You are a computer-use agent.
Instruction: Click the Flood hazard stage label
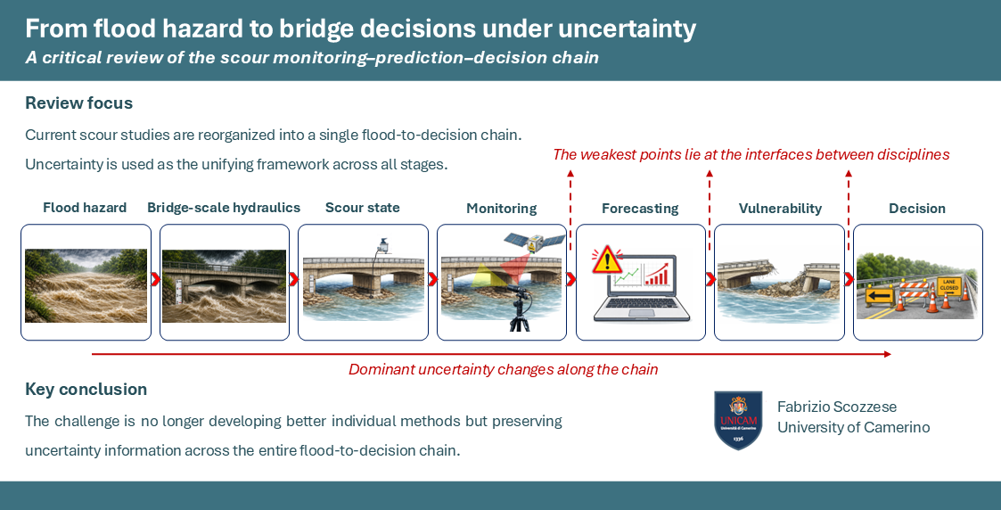pyautogui.click(x=85, y=208)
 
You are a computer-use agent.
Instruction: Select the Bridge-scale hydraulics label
pyautogui.click(x=224, y=208)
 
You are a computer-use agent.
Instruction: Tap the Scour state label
pyautogui.click(x=363, y=208)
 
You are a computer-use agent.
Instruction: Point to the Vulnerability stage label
pyautogui.click(x=780, y=208)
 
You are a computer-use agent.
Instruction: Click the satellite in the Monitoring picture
pyautogui.click(x=534, y=242)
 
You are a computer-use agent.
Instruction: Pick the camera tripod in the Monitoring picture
pyautogui.click(x=519, y=308)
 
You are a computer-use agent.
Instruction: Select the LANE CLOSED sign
pyautogui.click(x=948, y=284)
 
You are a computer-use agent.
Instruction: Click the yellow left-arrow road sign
pyautogui.click(x=879, y=295)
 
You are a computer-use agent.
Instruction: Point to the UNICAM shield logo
pyautogui.click(x=738, y=420)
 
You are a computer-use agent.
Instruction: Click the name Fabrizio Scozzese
pyautogui.click(x=837, y=407)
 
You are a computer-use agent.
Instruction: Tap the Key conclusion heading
pyautogui.click(x=86, y=390)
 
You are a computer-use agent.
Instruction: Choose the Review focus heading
pyautogui.click(x=79, y=103)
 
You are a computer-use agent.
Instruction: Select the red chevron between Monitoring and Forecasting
pyautogui.click(x=570, y=279)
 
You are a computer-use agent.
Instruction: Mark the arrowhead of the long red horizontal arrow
pyautogui.click(x=888, y=354)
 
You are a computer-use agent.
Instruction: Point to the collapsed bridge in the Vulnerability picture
pyautogui.click(x=779, y=280)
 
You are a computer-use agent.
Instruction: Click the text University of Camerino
pyautogui.click(x=854, y=428)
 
